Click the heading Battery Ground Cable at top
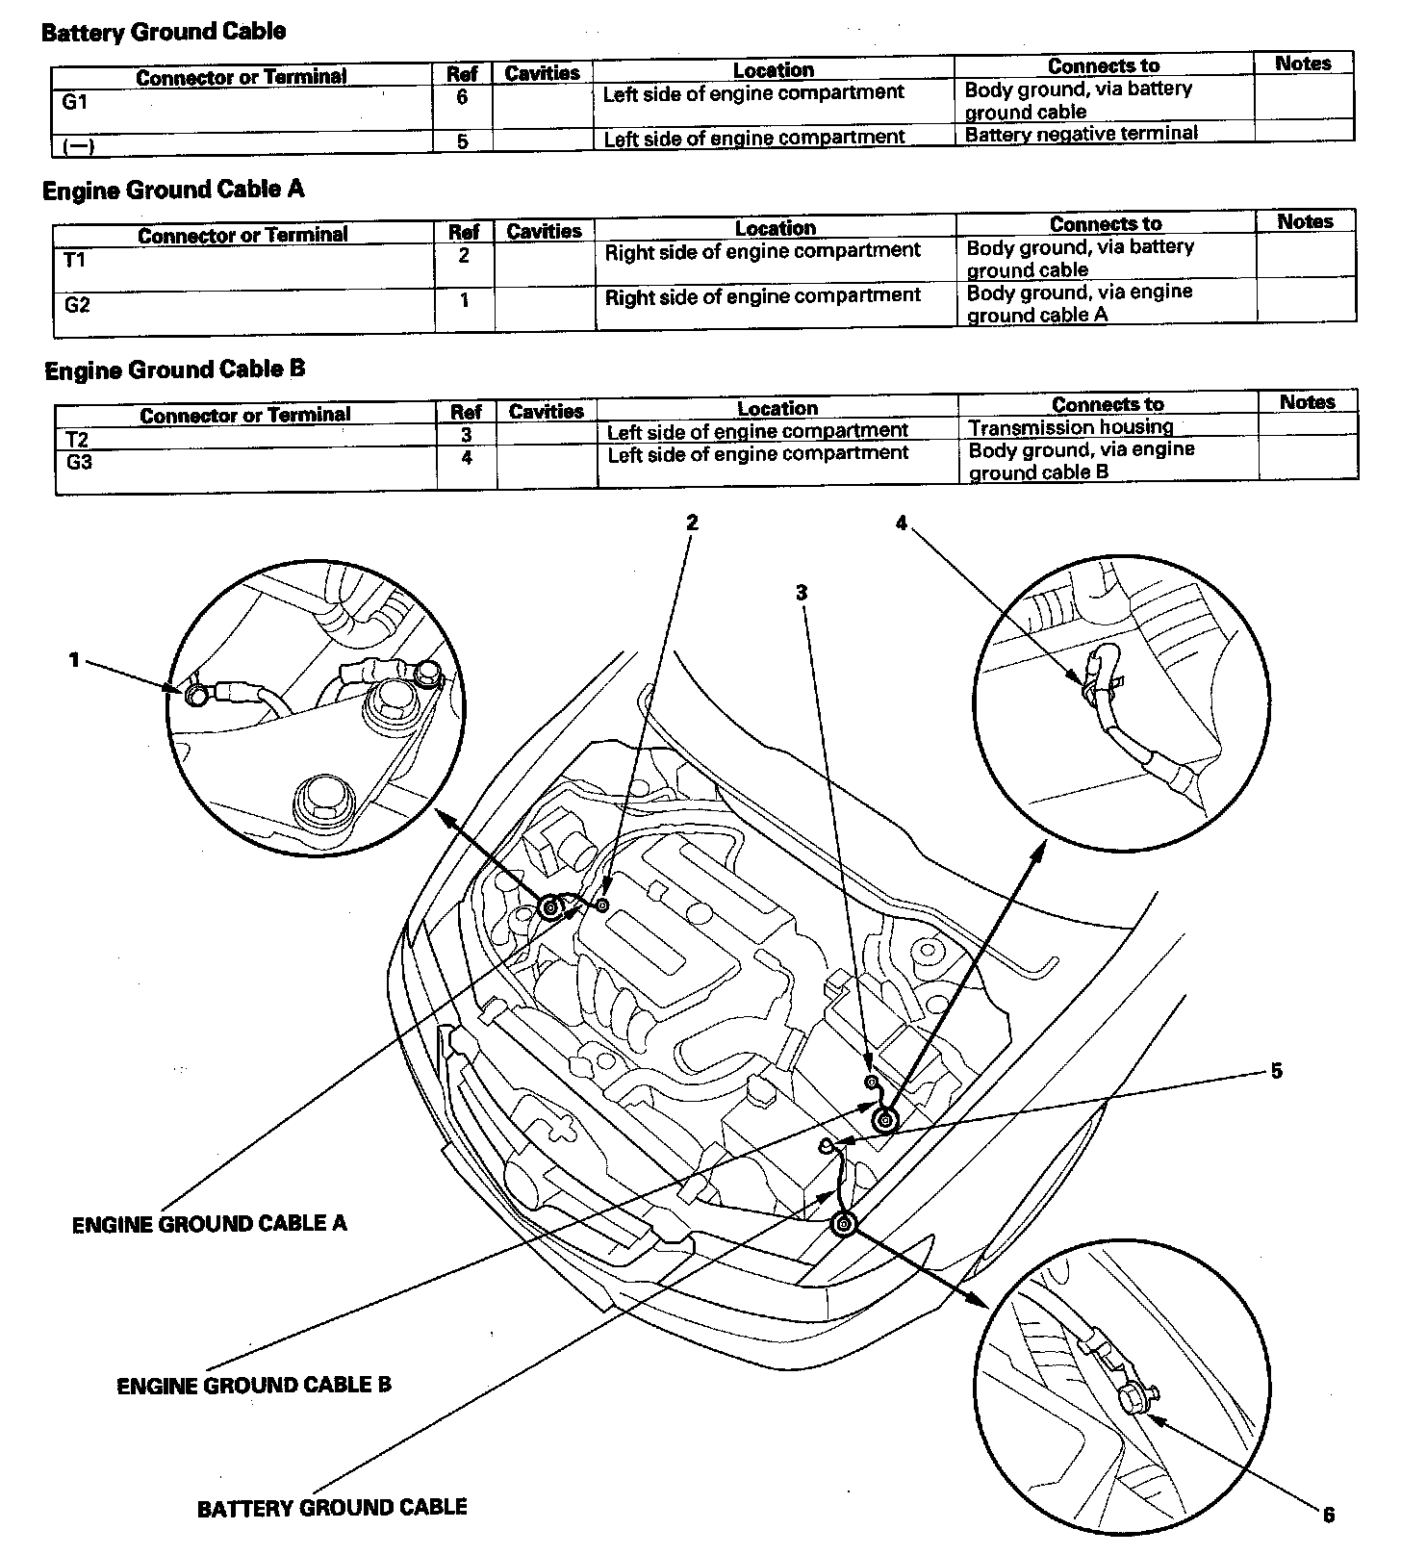164,32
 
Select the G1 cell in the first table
74,101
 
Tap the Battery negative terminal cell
1082,134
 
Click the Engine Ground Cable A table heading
173,190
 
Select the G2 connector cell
77,305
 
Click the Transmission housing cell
1070,427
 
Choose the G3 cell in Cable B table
78,461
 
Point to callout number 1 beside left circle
74,660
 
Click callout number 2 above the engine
691,523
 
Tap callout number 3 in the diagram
801,593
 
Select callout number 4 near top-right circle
901,523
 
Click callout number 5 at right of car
1276,1071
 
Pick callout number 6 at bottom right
1328,1515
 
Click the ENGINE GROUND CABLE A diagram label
209,1224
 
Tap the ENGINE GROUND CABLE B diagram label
254,1386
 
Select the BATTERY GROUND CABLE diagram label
332,1507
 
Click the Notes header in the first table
1303,64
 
